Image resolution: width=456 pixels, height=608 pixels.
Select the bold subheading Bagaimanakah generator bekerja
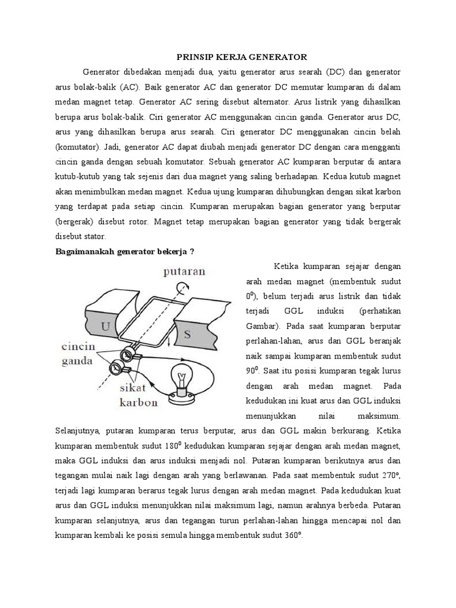[124, 252]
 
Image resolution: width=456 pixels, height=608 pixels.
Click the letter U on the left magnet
[105, 326]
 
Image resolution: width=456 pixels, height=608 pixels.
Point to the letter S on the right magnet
[187, 334]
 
